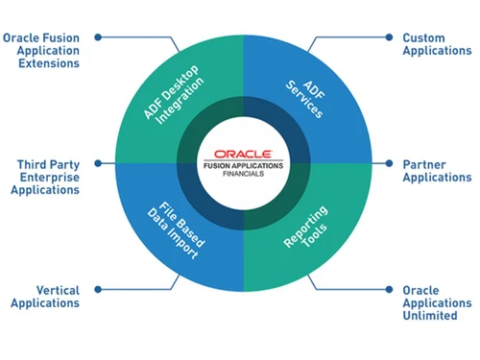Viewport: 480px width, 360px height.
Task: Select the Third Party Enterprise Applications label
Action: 47,178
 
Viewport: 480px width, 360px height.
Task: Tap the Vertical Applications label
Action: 45,296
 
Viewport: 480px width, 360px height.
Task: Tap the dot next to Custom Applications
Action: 389,38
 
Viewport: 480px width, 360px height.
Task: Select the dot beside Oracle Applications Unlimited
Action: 390,289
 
